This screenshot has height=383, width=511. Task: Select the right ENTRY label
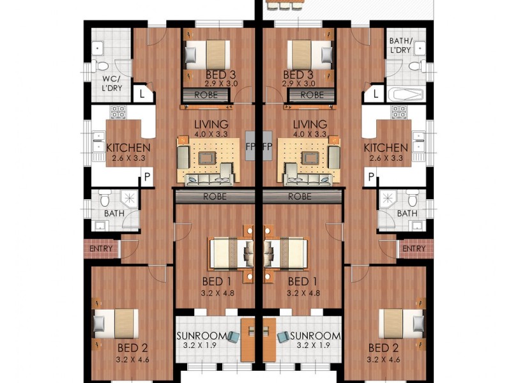coord(413,248)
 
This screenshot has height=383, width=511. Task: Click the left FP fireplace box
coord(250,146)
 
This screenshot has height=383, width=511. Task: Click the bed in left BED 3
coord(207,54)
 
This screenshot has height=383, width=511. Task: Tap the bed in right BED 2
coord(400,324)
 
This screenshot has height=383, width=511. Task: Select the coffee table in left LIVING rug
coord(207,156)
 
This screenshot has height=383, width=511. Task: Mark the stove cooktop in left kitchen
coord(118,113)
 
